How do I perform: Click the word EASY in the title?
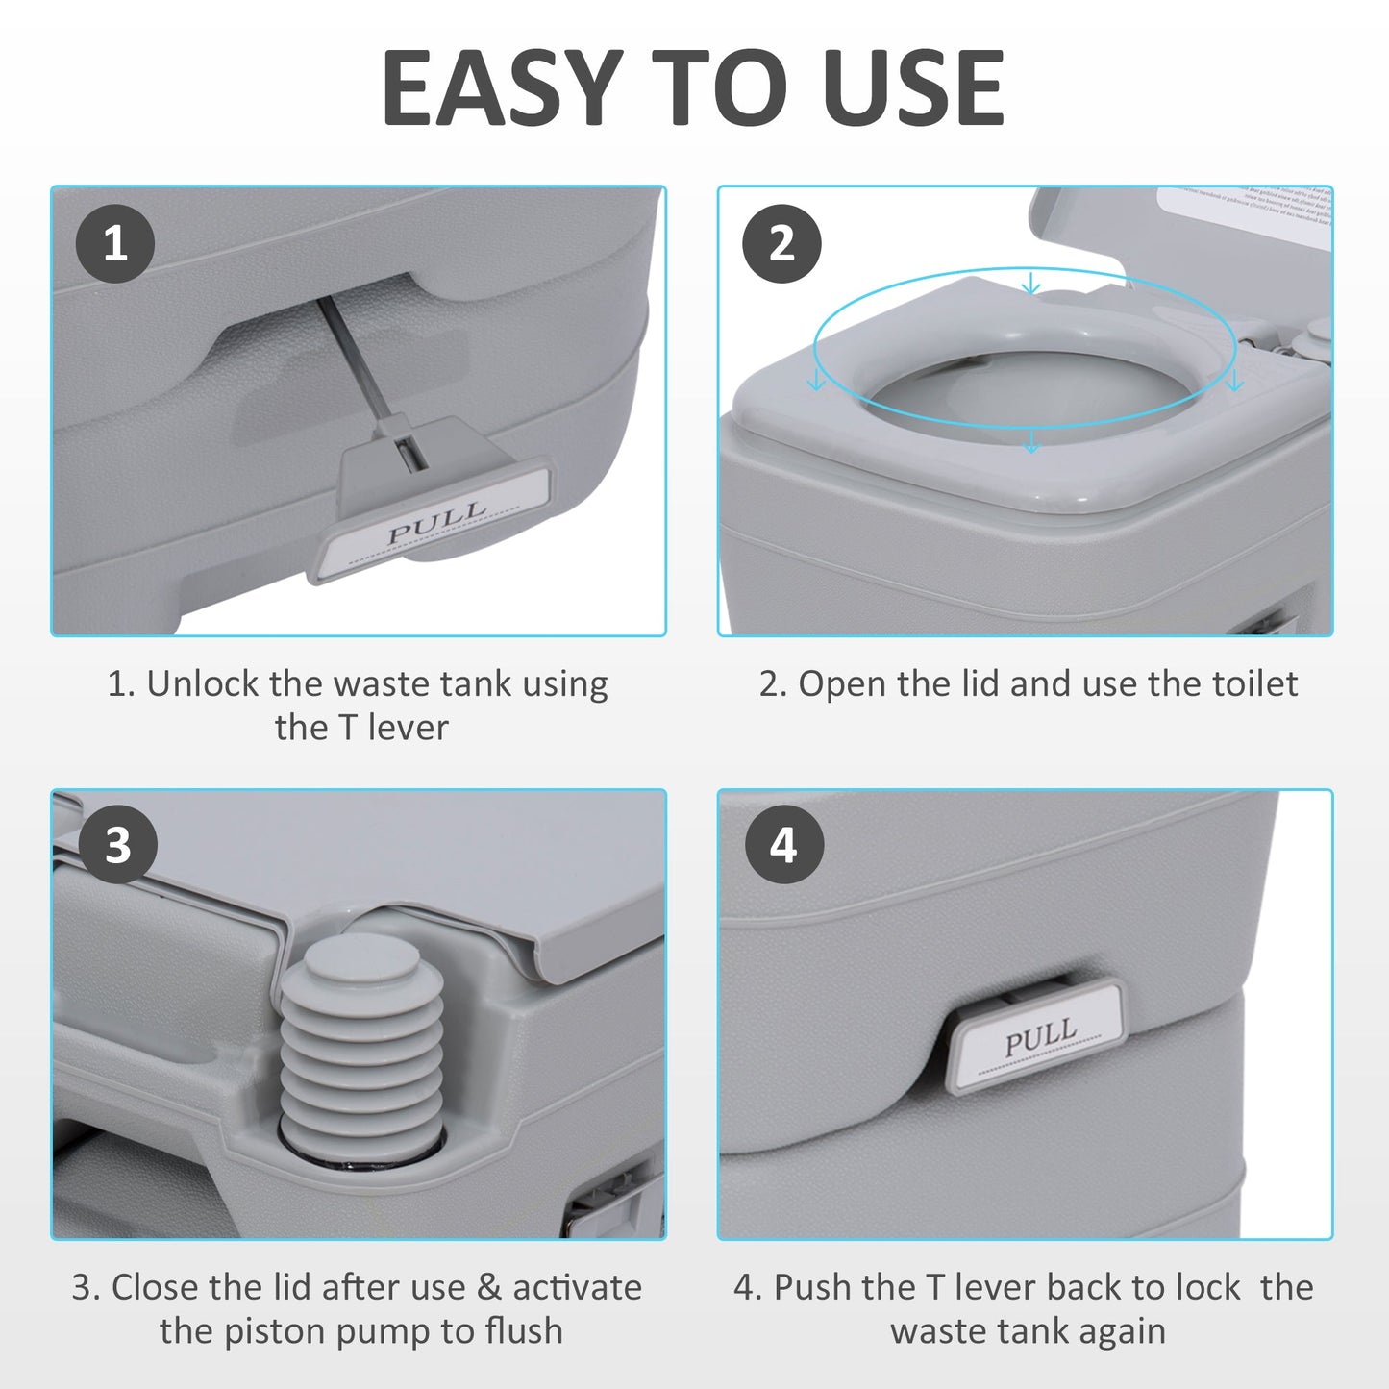click(x=501, y=88)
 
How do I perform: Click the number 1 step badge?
click(x=115, y=243)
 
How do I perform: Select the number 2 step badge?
click(x=781, y=243)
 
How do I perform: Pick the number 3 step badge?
click(x=117, y=846)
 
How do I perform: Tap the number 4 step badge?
click(x=783, y=846)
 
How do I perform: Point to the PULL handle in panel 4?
click(x=1037, y=1035)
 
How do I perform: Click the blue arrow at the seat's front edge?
click(x=1031, y=441)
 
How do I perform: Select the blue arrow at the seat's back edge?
click(x=1031, y=283)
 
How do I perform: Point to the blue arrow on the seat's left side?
click(x=817, y=382)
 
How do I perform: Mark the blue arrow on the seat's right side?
click(x=1234, y=382)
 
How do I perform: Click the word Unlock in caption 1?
click(x=203, y=684)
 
